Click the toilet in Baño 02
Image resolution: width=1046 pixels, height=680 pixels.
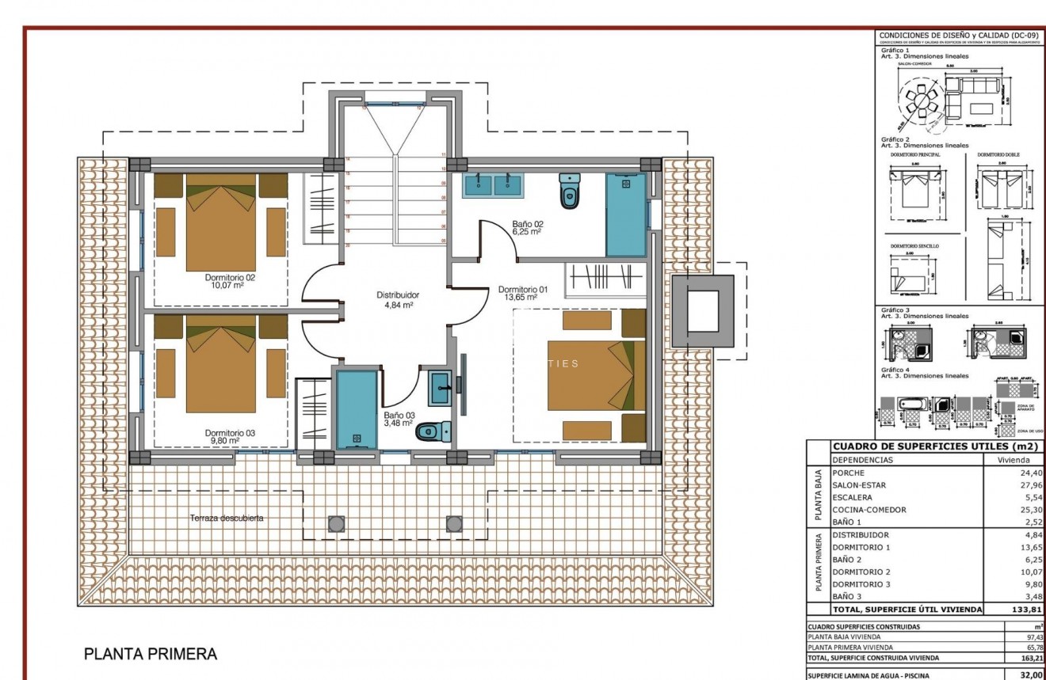click(x=569, y=191)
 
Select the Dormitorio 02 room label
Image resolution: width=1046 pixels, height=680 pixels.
click(x=230, y=283)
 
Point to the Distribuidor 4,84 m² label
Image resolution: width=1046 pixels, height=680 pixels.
click(x=397, y=299)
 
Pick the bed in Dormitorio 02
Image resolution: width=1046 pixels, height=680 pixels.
click(x=221, y=223)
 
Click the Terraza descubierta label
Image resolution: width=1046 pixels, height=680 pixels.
click(x=227, y=519)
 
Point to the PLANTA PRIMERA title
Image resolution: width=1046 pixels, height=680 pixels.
click(x=151, y=655)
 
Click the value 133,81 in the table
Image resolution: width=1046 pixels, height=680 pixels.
click(x=1026, y=610)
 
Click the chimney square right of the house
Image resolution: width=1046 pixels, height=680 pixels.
click(x=702, y=311)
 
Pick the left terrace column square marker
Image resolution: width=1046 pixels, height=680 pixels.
click(x=337, y=523)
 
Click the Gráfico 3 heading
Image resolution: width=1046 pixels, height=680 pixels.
click(x=895, y=310)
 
